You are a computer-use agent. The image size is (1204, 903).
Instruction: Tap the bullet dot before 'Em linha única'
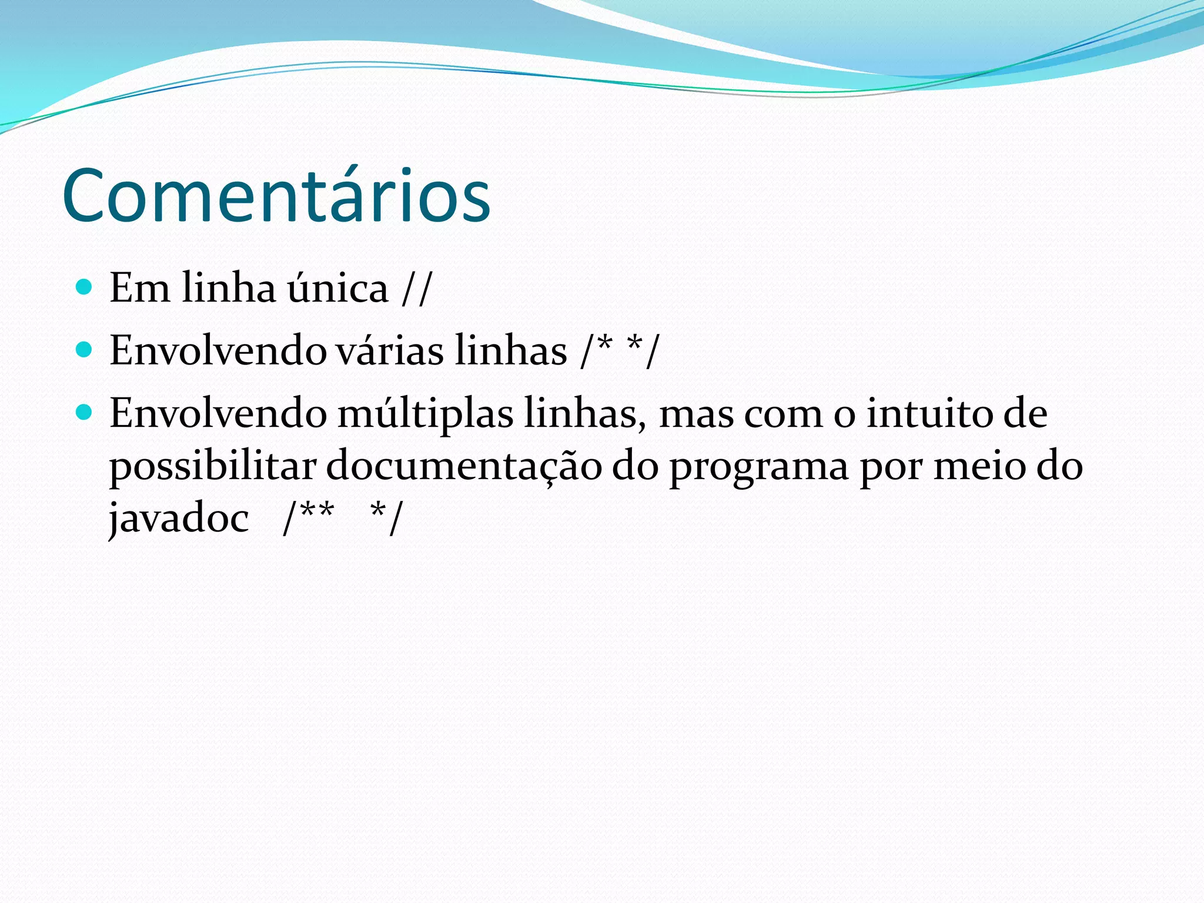coord(85,287)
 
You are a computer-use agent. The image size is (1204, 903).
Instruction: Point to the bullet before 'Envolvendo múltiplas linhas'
coord(85,413)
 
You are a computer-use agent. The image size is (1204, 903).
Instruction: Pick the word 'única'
coord(337,288)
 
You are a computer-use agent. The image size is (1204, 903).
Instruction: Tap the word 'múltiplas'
coord(425,414)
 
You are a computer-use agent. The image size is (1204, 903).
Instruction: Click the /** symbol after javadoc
coord(308,517)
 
